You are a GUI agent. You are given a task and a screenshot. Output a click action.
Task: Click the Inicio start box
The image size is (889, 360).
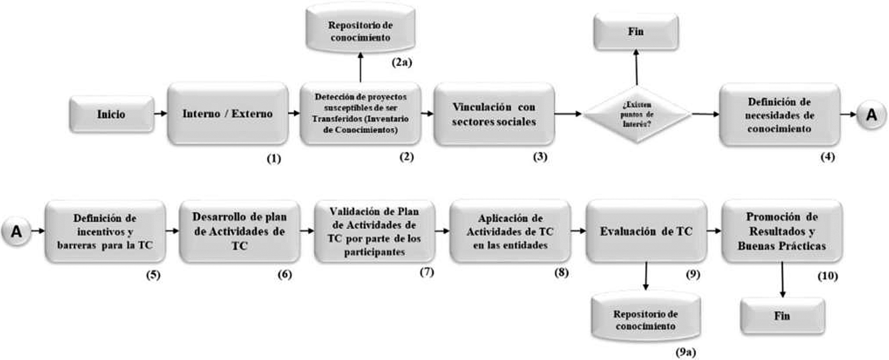[112, 114]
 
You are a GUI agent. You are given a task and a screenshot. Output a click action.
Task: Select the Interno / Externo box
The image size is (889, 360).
[227, 114]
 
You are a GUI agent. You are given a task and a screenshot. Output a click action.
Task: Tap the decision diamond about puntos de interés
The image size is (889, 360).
[637, 114]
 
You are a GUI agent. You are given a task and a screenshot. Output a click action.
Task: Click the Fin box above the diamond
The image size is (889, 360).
[636, 32]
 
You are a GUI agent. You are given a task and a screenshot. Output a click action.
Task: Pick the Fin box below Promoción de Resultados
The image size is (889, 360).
[782, 316]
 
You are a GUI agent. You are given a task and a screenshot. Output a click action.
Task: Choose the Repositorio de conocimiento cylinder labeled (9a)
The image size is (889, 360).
[645, 320]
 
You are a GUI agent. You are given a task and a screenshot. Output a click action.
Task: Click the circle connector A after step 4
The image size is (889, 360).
[871, 115]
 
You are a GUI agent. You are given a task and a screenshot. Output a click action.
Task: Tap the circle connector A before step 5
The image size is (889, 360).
[17, 231]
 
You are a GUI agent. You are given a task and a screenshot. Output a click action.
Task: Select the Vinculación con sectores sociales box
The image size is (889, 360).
[494, 114]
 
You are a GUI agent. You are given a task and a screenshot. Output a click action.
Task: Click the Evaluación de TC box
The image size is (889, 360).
[646, 231]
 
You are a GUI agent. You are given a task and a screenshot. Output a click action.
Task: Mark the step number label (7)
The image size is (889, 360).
[427, 272]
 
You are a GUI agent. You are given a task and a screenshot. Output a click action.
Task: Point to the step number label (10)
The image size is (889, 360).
[827, 276]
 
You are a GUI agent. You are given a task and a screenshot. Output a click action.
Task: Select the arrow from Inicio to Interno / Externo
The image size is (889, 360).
[160, 114]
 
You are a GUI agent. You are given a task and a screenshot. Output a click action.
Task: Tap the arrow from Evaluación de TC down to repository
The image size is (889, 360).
[646, 276]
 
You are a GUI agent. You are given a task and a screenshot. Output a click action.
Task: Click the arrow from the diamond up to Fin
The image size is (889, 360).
[636, 68]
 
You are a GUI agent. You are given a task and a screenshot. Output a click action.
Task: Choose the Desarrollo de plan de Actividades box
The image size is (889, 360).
[239, 231]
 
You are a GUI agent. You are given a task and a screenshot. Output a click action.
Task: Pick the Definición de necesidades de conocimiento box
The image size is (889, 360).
[779, 115]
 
